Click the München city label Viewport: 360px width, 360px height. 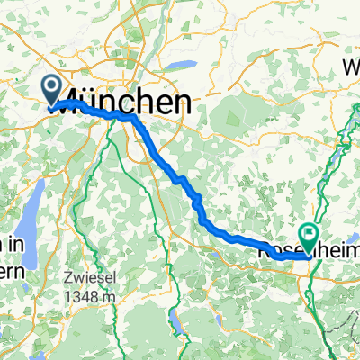[126, 101]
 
